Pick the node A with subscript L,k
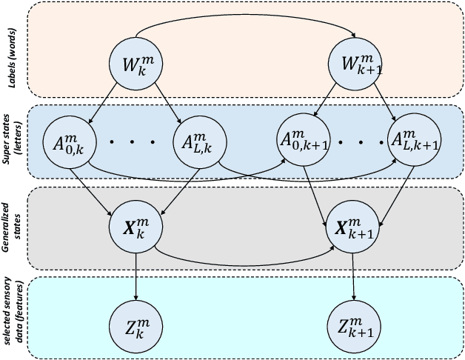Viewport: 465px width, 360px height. [195, 139]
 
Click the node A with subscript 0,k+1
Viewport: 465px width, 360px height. [299, 139]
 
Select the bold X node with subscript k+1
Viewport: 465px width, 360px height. [354, 224]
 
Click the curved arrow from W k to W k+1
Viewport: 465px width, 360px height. [244, 18]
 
